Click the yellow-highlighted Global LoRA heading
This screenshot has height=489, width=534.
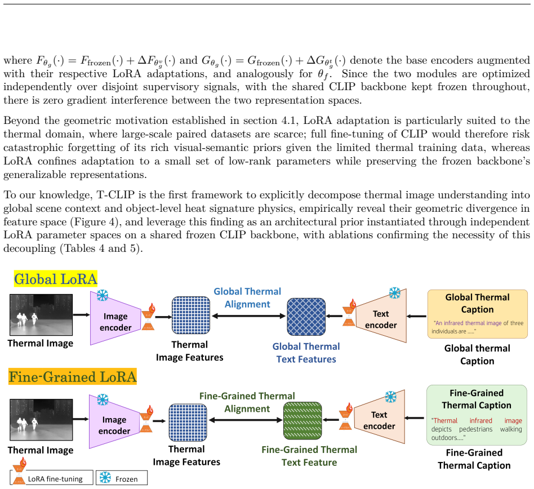(x=56, y=279)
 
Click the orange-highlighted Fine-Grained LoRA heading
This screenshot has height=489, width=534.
(x=73, y=377)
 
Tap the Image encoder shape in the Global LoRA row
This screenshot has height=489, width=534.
(x=115, y=318)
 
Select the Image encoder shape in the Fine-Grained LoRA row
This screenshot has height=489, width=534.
(x=114, y=421)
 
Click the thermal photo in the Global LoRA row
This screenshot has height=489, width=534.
(x=41, y=315)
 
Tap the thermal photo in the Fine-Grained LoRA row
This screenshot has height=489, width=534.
(x=41, y=420)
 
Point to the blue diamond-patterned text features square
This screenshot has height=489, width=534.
(x=306, y=317)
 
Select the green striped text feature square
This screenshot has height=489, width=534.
(x=302, y=421)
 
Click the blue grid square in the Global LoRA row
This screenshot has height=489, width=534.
(x=191, y=315)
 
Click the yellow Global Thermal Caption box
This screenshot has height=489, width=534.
(x=478, y=314)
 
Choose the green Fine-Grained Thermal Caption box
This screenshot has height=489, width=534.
(x=477, y=415)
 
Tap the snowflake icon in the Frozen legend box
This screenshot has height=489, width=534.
(x=105, y=477)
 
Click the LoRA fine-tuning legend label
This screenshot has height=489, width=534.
(x=55, y=479)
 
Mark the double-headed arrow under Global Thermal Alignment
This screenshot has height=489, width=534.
(x=248, y=316)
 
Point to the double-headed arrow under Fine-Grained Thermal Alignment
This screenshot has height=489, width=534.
(x=246, y=420)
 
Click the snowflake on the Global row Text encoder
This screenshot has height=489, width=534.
(x=395, y=293)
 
